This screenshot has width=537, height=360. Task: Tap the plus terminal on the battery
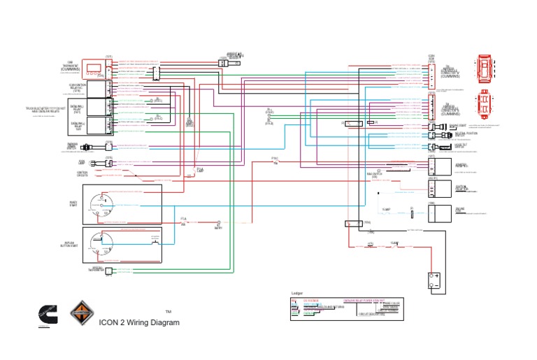438,277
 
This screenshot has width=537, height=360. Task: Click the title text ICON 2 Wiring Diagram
139,322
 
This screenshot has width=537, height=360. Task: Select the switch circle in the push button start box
103,243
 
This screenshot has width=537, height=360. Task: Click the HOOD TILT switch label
461,147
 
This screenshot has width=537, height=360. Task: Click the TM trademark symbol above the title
168,312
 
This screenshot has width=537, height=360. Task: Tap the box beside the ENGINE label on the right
437,212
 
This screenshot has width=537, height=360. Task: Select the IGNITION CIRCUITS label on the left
86,174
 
